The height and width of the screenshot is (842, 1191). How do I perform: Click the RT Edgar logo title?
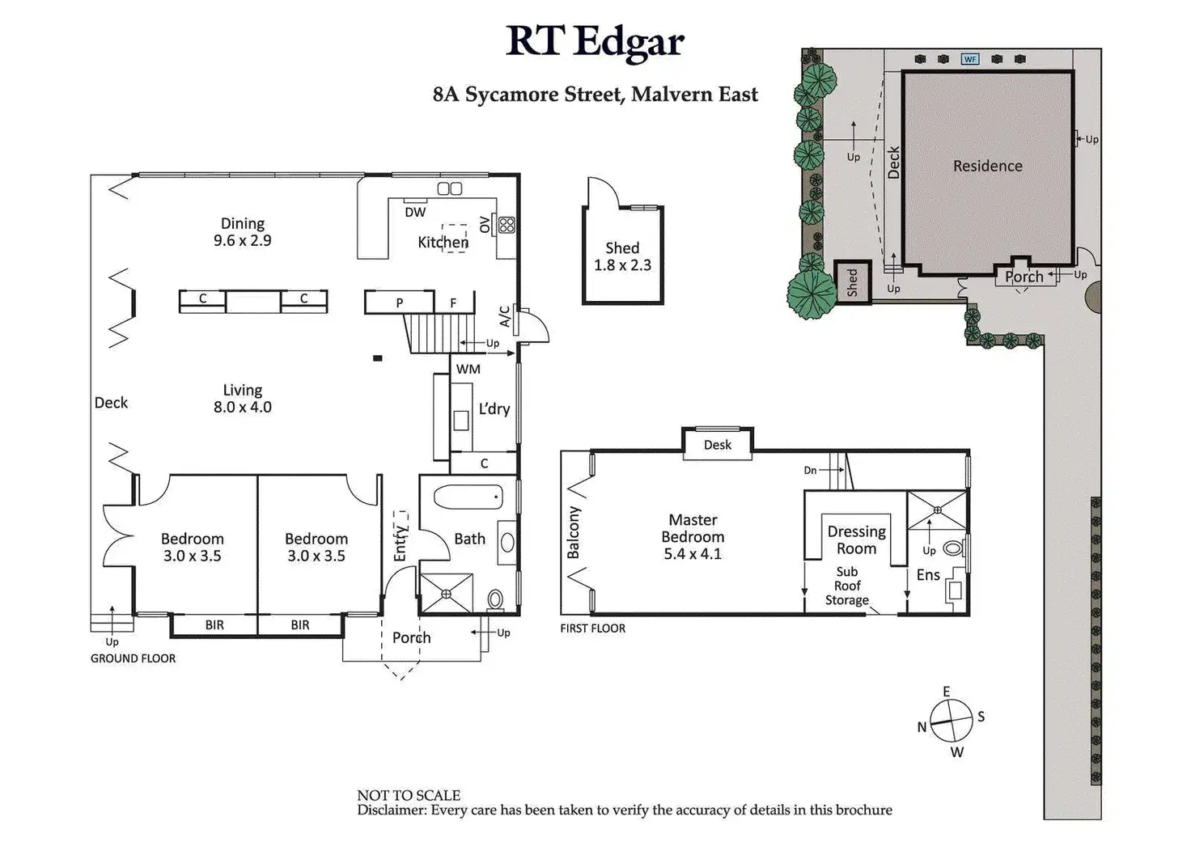point(595,41)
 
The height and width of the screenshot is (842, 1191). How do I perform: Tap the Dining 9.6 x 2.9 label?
point(243,231)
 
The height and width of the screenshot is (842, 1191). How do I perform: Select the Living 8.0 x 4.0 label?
point(243,399)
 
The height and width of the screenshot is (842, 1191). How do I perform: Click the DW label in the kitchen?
point(415,213)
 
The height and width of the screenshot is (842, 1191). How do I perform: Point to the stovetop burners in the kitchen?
point(507,224)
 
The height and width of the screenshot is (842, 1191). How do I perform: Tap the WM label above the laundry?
point(468,369)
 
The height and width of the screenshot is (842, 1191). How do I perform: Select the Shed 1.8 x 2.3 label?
point(622,256)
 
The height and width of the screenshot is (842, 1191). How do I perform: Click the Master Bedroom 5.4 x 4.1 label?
point(693,536)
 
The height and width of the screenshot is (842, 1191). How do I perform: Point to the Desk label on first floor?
point(718,445)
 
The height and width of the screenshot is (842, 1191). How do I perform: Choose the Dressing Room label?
point(856,539)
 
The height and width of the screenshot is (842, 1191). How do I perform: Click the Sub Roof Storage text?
point(847,586)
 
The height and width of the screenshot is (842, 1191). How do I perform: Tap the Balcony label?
point(574,532)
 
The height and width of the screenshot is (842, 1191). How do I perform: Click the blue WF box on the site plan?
point(969,59)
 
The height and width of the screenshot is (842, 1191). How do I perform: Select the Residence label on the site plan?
point(987,166)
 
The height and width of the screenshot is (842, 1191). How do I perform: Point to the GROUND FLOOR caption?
point(133,658)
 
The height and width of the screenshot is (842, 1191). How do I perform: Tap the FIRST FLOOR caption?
point(593,628)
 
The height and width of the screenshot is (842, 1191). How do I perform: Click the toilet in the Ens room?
point(953,548)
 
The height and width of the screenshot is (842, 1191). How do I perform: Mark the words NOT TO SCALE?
point(409,795)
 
